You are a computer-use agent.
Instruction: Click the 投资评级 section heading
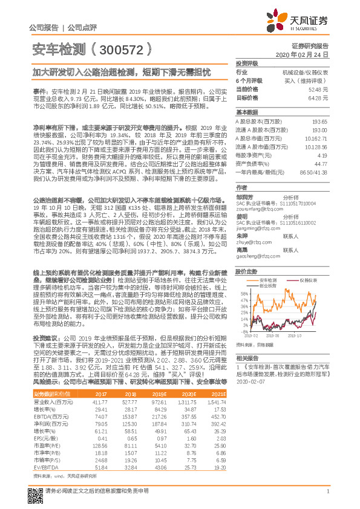[x=247, y=63]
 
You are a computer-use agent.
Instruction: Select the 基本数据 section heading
[x=247, y=112]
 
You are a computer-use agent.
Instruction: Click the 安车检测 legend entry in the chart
[x=267, y=281]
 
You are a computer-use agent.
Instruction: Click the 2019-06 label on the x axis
[x=273, y=334]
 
